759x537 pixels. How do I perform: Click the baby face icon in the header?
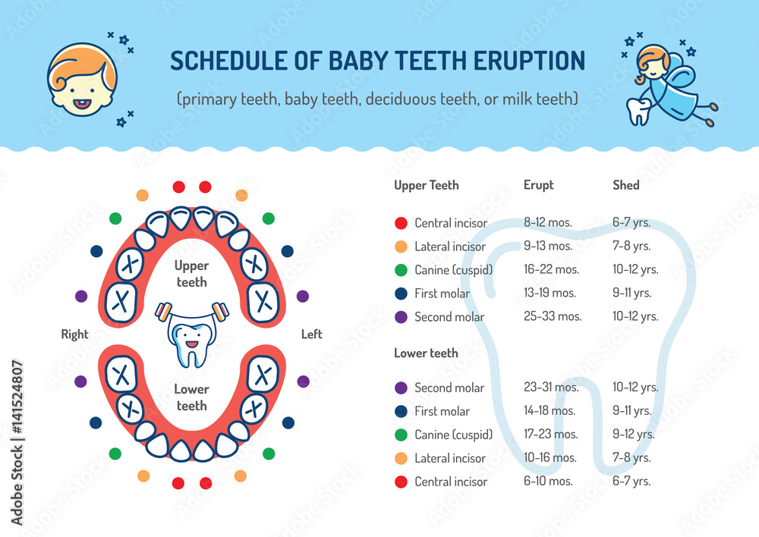[82, 80]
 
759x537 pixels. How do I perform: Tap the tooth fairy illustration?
[666, 80]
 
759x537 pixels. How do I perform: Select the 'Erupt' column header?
[539, 185]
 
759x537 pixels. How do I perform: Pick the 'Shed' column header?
[626, 185]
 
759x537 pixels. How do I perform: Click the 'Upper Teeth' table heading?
[427, 185]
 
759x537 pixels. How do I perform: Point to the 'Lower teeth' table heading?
[426, 353]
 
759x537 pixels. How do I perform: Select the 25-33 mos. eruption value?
[553, 316]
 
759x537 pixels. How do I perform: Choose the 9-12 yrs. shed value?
[634, 435]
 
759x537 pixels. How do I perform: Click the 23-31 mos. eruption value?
[552, 387]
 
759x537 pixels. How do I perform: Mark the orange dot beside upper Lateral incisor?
[401, 247]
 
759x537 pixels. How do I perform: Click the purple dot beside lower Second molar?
[401, 388]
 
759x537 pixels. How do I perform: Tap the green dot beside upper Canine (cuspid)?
[401, 270]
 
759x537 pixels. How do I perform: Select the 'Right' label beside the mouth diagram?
[74, 334]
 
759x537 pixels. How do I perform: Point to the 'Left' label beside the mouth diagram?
[311, 334]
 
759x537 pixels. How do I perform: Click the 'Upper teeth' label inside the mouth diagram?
[191, 274]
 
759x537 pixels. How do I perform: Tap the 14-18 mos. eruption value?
[550, 411]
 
